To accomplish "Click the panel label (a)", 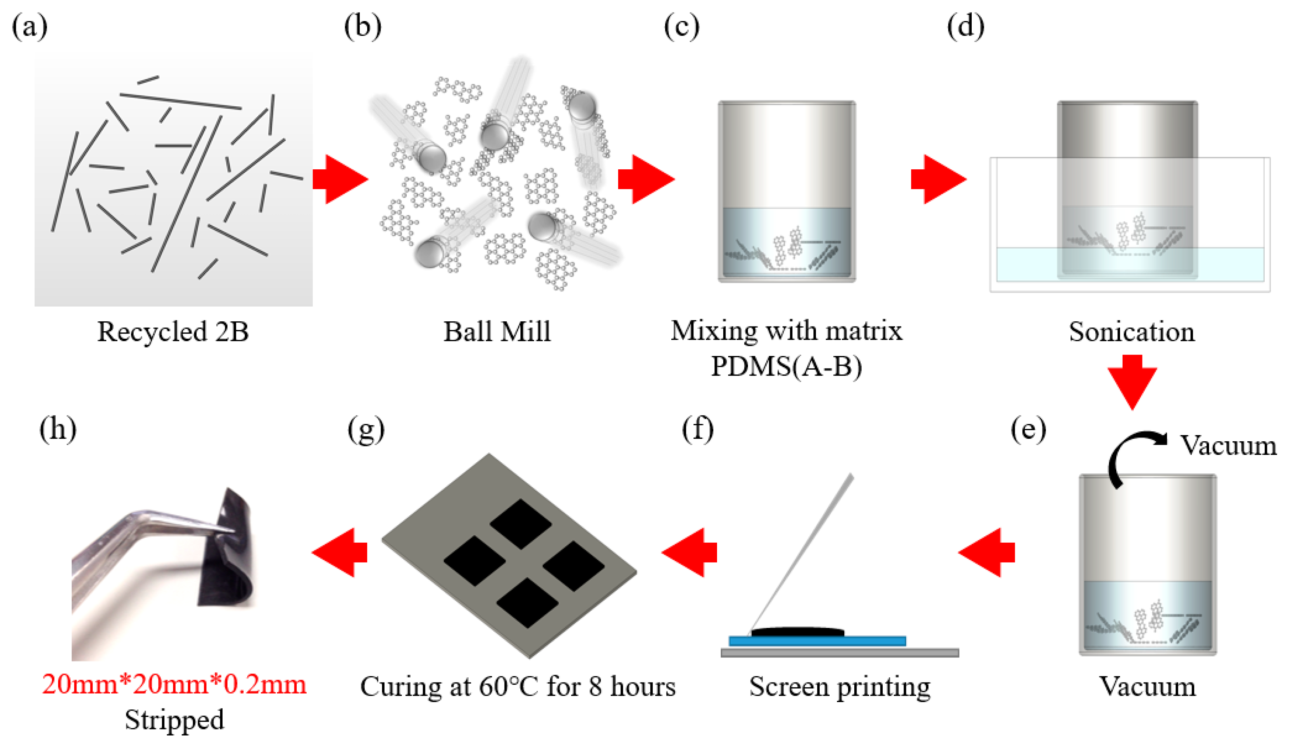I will [x=30, y=27].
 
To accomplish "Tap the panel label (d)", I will [x=965, y=27].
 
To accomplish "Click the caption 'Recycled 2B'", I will [x=173, y=332].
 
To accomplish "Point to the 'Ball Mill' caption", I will [x=497, y=332].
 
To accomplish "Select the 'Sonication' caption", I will [x=1131, y=332].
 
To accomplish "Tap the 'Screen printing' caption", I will [x=840, y=687].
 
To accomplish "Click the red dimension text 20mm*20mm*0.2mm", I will [x=174, y=684].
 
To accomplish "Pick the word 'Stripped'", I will [x=174, y=720].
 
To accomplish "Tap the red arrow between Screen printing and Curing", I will [x=689, y=552].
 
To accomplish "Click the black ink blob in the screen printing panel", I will [x=797, y=632].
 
